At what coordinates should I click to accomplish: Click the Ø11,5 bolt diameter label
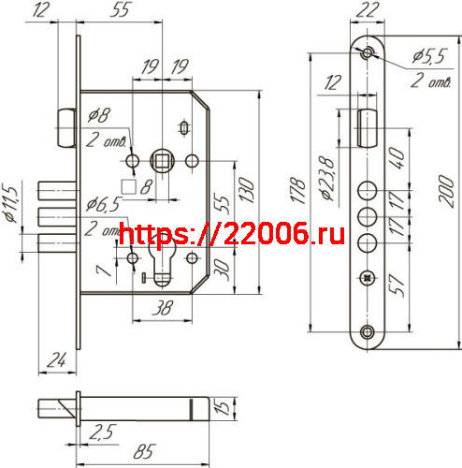pyautogui.click(x=11, y=202)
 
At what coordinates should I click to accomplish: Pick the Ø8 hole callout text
pyautogui.click(x=98, y=116)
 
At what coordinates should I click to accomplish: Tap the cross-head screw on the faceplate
pyautogui.click(x=366, y=278)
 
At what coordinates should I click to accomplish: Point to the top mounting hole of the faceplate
pyautogui.click(x=368, y=51)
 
